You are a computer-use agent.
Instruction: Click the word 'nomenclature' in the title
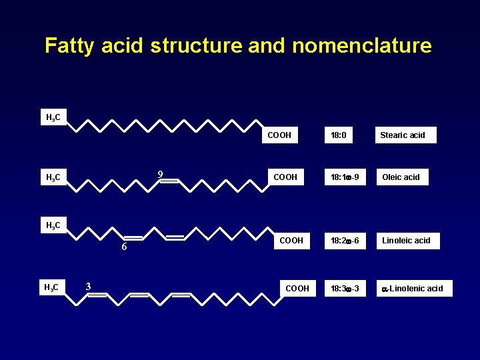(x=361, y=46)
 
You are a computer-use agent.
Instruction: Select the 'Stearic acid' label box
(x=405, y=135)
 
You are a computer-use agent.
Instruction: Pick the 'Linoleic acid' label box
(x=407, y=240)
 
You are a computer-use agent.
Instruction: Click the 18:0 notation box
(x=341, y=135)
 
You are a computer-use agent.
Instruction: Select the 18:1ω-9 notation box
(x=345, y=177)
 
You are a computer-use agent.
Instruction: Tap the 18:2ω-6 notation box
(x=345, y=240)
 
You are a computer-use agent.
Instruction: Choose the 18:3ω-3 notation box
(x=345, y=288)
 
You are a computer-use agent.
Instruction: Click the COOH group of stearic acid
(x=279, y=135)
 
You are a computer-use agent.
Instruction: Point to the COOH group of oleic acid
(x=284, y=177)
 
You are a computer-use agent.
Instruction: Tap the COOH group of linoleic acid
(x=291, y=240)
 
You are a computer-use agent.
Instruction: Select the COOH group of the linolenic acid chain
(x=297, y=288)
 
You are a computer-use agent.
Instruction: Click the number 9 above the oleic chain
(x=160, y=175)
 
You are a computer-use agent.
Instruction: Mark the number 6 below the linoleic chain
(x=124, y=247)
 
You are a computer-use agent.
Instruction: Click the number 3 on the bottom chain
(x=88, y=287)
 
